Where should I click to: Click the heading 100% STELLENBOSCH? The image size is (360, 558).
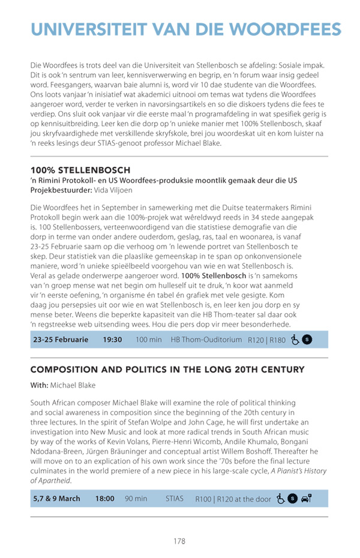(80, 171)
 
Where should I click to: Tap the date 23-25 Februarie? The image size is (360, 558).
(61, 340)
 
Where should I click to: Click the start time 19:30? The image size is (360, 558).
(112, 340)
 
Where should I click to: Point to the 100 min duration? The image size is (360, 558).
(149, 340)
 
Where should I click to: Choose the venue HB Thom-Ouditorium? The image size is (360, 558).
(206, 340)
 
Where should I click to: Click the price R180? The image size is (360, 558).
(278, 340)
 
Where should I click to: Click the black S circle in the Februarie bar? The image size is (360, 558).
(307, 340)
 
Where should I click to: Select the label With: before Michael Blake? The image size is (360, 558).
(39, 385)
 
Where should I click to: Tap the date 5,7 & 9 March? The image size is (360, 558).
(56, 499)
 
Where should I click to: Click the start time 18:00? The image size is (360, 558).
(105, 499)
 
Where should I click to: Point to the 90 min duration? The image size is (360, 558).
(136, 499)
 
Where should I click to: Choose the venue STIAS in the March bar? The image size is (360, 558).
(175, 499)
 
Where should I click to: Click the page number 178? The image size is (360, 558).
(179, 541)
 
